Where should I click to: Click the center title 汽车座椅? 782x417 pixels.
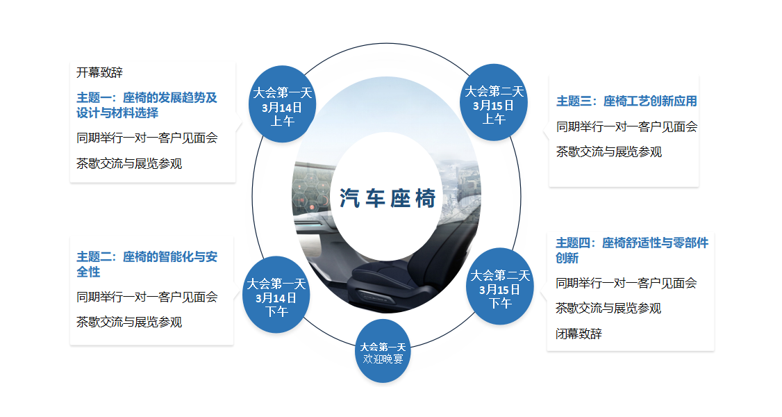point(388,198)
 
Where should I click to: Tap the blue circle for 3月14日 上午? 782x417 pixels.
point(282,104)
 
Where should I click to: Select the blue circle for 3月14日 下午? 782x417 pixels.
point(276,295)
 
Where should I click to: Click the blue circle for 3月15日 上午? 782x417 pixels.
point(494,102)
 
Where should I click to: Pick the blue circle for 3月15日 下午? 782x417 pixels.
point(500,286)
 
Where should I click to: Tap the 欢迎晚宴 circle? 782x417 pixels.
point(383,351)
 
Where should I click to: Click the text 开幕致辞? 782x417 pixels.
point(99,73)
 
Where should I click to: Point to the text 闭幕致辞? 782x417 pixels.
point(579,334)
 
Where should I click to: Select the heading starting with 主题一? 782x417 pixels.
point(147,105)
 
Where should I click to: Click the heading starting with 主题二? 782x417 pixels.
point(147,264)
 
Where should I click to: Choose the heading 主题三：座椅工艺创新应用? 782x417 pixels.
point(626,101)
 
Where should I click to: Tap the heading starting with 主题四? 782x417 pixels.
point(632,250)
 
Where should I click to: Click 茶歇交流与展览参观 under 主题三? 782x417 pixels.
point(608,152)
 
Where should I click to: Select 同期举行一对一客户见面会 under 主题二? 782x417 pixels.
point(147,297)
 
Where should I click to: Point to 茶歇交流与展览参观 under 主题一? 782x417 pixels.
point(128,163)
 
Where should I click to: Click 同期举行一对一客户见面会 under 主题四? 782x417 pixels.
point(626,284)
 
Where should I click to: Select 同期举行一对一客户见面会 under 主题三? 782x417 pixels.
point(626,127)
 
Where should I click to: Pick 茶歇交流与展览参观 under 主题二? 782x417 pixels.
point(128,322)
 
